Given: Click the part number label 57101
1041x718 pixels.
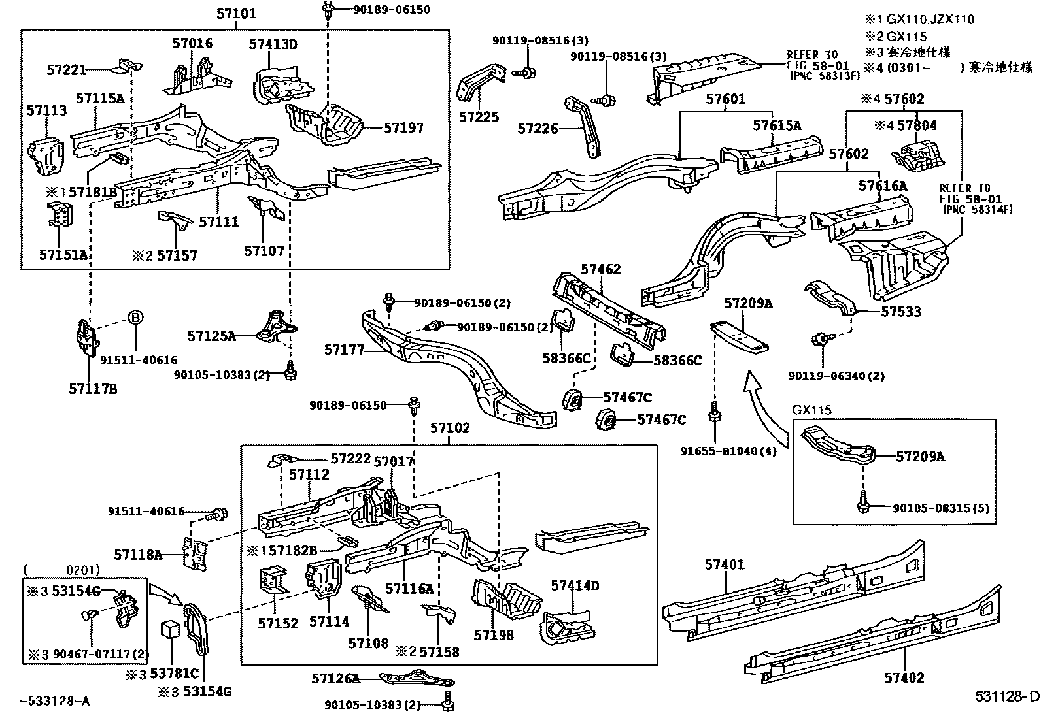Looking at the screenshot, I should (x=236, y=14).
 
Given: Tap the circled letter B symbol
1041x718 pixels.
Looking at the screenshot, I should (x=135, y=318).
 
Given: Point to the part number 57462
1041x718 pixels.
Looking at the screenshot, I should (x=601, y=269).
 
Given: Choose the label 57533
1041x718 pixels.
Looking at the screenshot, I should (x=900, y=312).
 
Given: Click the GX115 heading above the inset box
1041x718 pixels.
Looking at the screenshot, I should (x=811, y=410).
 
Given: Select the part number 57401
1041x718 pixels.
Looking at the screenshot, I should (x=724, y=564).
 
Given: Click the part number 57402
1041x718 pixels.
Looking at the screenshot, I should (x=904, y=677).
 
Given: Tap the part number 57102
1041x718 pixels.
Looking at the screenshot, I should (x=449, y=428).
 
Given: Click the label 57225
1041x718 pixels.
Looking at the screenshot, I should (x=479, y=117).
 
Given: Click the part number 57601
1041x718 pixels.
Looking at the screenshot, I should (x=725, y=99).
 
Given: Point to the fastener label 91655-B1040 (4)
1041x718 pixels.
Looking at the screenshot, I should (x=728, y=451).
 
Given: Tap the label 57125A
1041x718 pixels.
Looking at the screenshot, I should (x=211, y=336).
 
